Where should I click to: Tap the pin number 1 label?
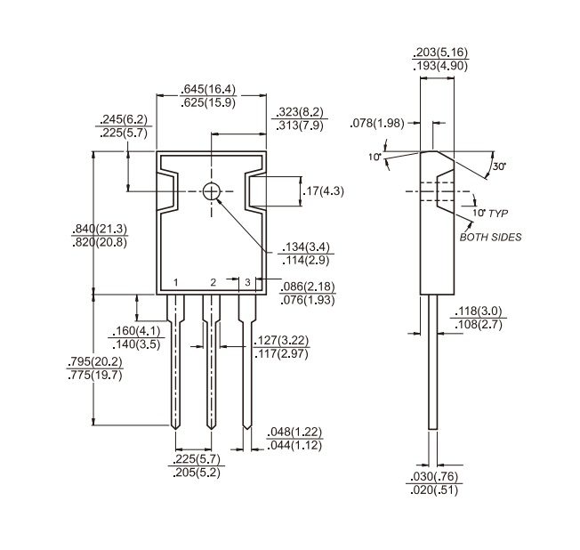176,283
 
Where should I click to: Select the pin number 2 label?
213,283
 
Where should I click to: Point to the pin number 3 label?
247,282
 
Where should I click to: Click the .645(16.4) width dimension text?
208,89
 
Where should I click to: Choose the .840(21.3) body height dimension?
100,229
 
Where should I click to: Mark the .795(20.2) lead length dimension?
94,361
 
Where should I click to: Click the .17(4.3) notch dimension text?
323,191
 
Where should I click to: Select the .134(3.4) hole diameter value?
305,247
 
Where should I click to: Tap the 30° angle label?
499,166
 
